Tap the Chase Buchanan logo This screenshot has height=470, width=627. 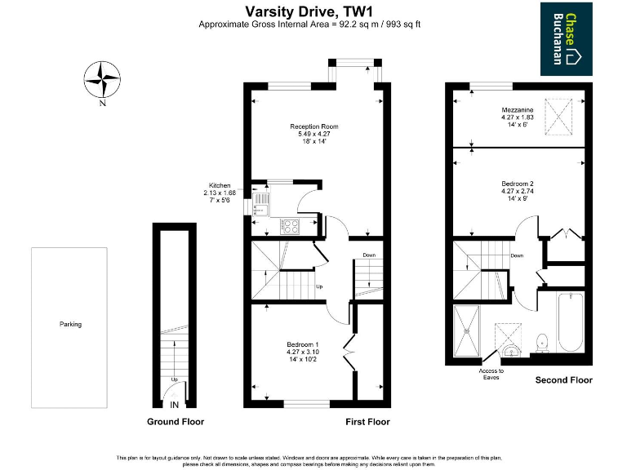pos(571,38)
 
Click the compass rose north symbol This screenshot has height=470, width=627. pos(101,80)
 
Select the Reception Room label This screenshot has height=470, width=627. pos(313,126)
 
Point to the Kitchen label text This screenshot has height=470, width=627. pos(220,186)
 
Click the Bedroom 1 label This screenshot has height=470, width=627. pos(302,344)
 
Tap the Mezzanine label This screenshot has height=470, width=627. pos(517,110)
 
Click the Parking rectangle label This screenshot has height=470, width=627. pos(70,324)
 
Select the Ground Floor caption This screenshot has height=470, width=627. pos(175,422)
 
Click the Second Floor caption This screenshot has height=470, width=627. pos(563,380)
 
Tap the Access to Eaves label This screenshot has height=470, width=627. pos(491,374)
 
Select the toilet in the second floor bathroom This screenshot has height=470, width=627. pos(541,340)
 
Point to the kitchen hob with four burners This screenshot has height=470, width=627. pos(291,226)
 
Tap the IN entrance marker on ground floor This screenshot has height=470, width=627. pos(174,404)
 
